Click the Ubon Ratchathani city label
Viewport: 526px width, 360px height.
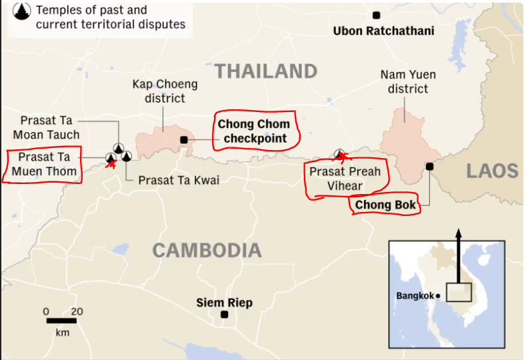coord(383,31)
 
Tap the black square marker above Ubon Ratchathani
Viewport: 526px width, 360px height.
coord(377,15)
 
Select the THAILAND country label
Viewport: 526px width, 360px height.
coord(266,71)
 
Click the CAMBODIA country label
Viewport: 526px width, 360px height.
coord(207,251)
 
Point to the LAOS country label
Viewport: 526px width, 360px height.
coord(492,171)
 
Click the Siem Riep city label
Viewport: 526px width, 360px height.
coord(225,303)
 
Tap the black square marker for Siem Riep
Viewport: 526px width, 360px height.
coord(225,315)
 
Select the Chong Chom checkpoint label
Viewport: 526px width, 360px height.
coord(253,131)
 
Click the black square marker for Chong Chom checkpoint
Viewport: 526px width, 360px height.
coord(184,139)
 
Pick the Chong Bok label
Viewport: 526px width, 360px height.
coord(385,205)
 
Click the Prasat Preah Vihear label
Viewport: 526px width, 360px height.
coord(345,178)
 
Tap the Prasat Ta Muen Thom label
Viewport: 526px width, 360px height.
coord(43,165)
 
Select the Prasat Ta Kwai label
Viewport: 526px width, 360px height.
coord(178,180)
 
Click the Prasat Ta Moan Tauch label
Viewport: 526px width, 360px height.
coord(50,127)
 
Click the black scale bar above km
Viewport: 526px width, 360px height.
coord(61,321)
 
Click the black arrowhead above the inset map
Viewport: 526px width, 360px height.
coord(458,235)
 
